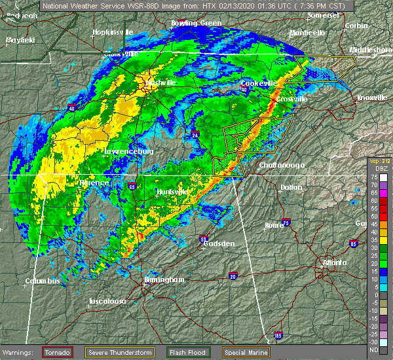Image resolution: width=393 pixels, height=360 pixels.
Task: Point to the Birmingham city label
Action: pos(164,279)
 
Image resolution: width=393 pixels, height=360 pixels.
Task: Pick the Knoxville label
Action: pos(371,98)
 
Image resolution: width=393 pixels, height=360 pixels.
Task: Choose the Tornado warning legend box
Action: pos(58,352)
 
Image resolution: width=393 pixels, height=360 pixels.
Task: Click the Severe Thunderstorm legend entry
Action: pos(121,352)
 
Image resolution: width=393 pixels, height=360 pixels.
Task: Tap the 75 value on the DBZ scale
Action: pos(374,177)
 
